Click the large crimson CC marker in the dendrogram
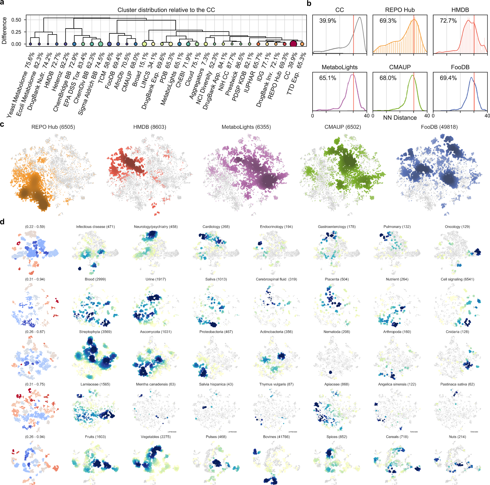(293, 44)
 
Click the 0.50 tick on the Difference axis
(16, 20)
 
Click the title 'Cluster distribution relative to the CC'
(166, 10)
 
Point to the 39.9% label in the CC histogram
(327, 21)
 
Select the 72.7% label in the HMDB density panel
(448, 21)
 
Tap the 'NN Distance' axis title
(400, 118)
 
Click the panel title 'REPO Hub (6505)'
(53, 127)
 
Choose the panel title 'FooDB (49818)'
(439, 127)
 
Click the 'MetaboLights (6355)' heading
(246, 127)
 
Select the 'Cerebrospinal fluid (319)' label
(276, 279)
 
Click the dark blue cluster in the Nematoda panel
(330, 372)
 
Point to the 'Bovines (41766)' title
(276, 436)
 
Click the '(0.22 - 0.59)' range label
(35, 227)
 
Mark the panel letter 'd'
(2, 222)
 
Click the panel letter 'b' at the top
(309, 3)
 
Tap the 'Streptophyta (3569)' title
(95, 332)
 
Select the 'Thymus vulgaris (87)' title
(276, 384)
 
